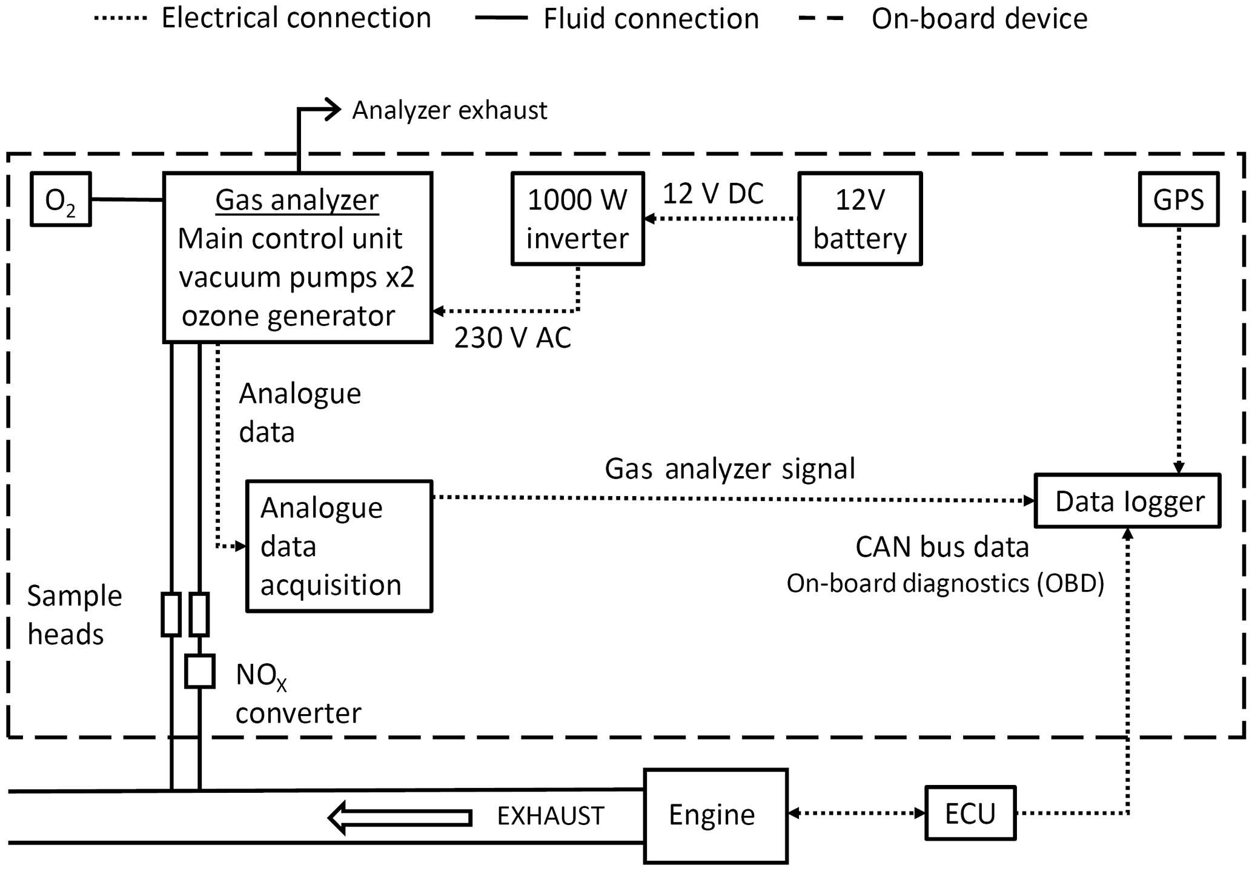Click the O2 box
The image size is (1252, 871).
point(61,199)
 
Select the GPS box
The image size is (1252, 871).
point(1178,199)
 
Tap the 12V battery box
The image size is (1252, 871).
point(860,219)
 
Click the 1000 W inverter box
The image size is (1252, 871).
point(577,219)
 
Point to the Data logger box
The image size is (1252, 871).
point(1127,501)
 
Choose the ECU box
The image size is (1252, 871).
point(970,813)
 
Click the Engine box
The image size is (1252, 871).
point(715,815)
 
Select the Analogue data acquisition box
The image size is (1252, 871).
point(339,546)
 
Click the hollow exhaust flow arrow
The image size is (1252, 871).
point(400,818)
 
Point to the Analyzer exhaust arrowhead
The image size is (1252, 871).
point(333,109)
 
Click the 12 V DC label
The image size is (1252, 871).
point(713,194)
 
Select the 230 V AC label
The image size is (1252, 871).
point(512,338)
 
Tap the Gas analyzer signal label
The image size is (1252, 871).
point(729,469)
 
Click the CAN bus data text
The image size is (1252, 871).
point(942,547)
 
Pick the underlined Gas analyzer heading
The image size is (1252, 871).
point(297,200)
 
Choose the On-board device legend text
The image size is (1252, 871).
point(979,18)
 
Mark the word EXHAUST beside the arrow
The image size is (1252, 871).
point(550,816)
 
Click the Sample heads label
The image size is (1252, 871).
point(74,615)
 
